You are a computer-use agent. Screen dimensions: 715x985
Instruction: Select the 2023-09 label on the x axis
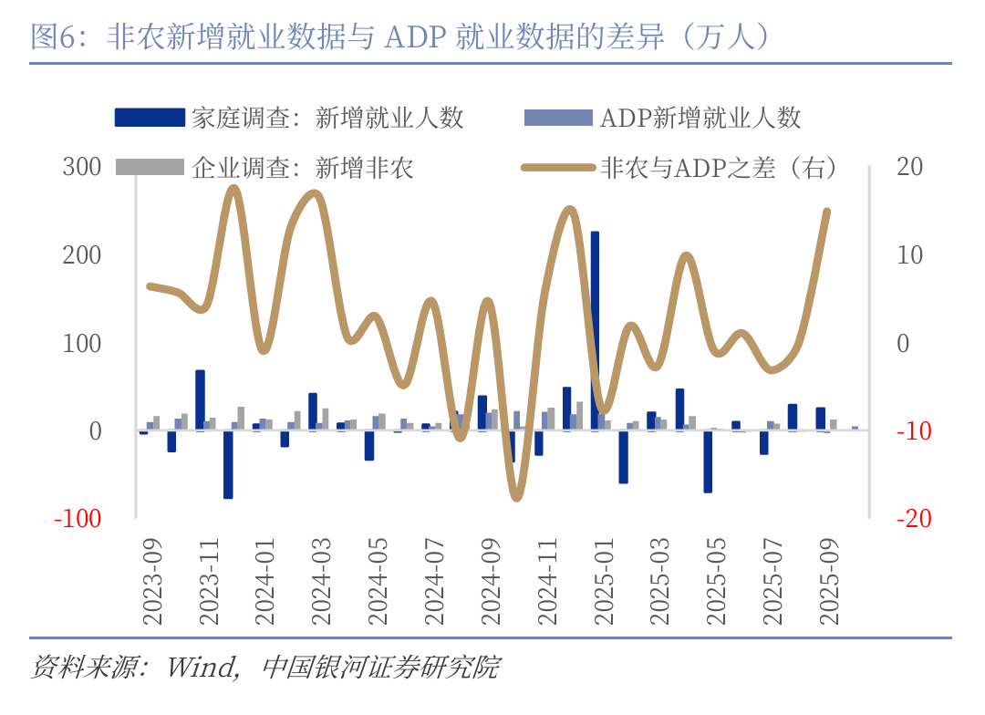pos(152,580)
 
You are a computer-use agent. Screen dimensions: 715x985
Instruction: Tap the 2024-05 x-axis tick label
pos(378,580)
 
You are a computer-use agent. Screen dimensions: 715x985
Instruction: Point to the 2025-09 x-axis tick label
pos(830,580)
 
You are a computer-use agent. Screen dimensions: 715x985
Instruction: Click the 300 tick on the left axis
pos(82,167)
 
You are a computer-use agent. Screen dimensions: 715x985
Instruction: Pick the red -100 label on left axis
pos(78,518)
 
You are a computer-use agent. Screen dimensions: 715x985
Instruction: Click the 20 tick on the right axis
pos(909,167)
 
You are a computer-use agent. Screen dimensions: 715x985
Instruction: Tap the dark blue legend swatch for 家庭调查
pos(150,118)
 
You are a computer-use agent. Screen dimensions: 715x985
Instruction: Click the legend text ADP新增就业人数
pos(700,118)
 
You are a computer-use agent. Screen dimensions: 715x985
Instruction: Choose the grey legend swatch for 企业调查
pos(150,167)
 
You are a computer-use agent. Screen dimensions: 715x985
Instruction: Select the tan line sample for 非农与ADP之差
pos(557,167)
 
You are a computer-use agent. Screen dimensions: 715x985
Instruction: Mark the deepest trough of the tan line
pos(517,497)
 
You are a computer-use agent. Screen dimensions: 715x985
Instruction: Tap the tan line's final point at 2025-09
pos(827,212)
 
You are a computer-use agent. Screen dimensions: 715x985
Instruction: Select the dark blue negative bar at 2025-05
pos(708,461)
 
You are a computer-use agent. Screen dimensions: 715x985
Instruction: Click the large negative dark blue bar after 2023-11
pos(228,464)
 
